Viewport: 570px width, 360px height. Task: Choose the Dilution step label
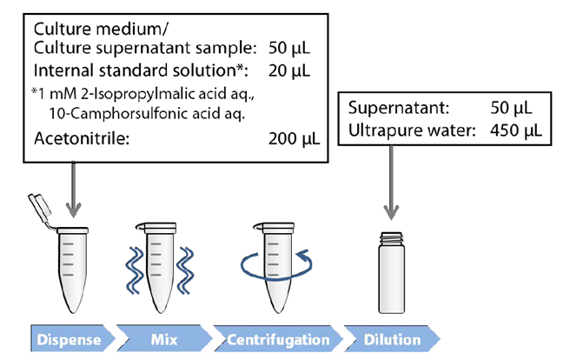(392, 338)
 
